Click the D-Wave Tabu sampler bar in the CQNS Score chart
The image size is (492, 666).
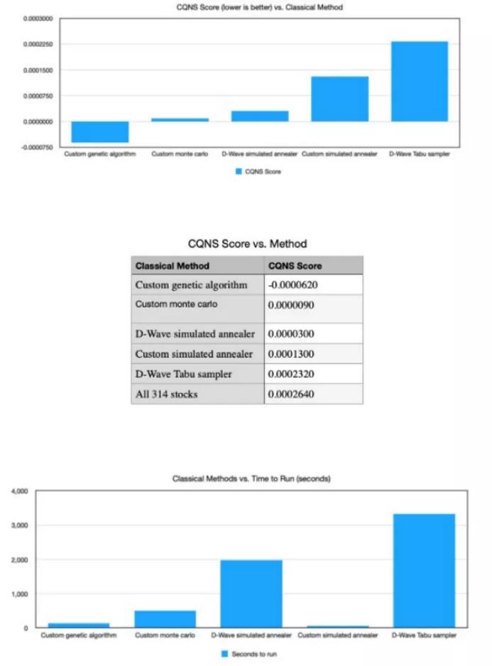point(418,81)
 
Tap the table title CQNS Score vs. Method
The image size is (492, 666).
point(247,244)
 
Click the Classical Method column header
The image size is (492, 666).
point(173,266)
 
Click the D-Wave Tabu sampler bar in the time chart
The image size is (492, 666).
point(424,571)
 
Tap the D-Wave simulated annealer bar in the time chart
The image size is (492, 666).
point(251,594)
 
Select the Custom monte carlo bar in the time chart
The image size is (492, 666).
point(165,618)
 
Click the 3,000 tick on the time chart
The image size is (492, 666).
point(18,525)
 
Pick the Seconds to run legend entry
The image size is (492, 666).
point(249,652)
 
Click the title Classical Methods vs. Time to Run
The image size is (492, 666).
point(251,478)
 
